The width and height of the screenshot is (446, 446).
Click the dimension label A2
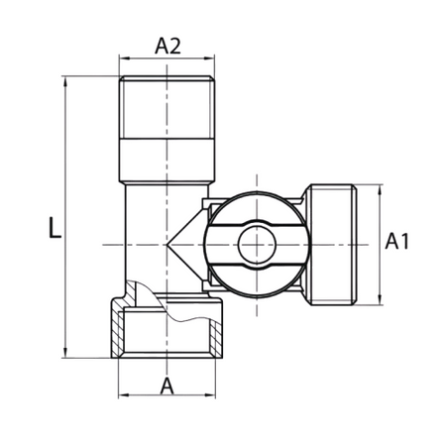pyautogui.click(x=167, y=46)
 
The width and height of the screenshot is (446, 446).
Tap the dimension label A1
pyautogui.click(x=396, y=241)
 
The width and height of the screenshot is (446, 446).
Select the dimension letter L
pyautogui.click(x=55, y=228)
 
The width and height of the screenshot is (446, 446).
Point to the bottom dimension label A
pyautogui.click(x=167, y=386)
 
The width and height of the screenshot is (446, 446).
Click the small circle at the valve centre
pyautogui.click(x=257, y=245)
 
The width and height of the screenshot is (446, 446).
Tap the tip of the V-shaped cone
pyautogui.click(x=167, y=245)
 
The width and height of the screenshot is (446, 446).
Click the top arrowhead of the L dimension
pyautogui.click(x=65, y=81)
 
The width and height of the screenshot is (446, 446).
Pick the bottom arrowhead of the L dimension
pyautogui.click(x=65, y=353)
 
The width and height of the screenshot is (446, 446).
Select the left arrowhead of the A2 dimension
pyautogui.click(x=124, y=58)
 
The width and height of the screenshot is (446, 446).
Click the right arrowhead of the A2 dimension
pyautogui.click(x=209, y=58)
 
